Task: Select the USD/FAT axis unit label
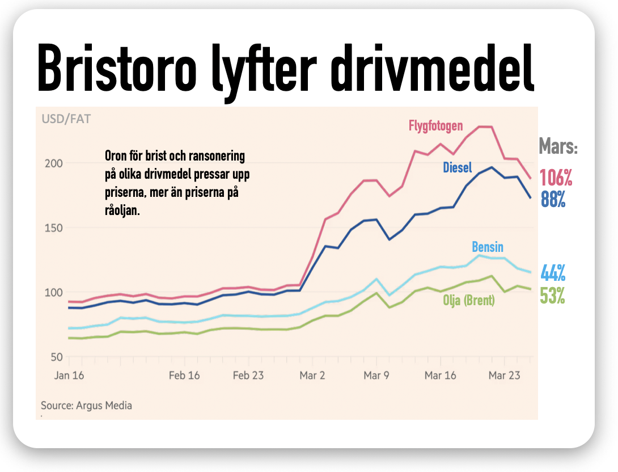pos(66,119)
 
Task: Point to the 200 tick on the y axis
pos(53,163)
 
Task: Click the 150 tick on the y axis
pos(53,228)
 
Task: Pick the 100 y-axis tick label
pos(53,293)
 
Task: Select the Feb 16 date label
pos(185,376)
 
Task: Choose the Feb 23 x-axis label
pos(249,376)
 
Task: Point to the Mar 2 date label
pos(313,376)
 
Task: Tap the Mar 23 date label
pos(505,376)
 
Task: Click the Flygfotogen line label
pos(436,125)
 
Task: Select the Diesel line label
pos(457,168)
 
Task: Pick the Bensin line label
pos(487,247)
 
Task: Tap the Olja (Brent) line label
pos(469,301)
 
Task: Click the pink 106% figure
pos(556,178)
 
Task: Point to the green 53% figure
pos(553,296)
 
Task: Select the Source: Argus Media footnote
pos(86,406)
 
